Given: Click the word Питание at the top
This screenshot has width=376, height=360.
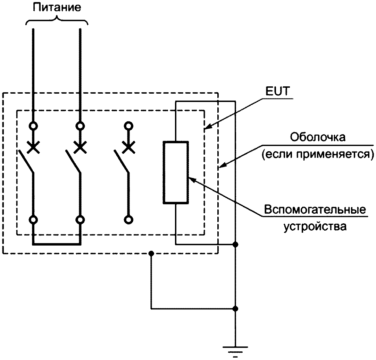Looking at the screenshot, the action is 57,7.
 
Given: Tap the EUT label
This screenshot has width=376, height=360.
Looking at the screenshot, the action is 277,91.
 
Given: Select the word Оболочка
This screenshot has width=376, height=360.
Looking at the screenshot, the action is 318,137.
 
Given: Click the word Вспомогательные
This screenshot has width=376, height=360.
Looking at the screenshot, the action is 315,209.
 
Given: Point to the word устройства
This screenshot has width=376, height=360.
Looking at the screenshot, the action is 315,226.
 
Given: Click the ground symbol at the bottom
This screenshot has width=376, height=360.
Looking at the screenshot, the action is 235,352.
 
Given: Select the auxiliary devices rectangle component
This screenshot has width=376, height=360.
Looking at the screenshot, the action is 176,172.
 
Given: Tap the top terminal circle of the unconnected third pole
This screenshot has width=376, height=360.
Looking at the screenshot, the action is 129,126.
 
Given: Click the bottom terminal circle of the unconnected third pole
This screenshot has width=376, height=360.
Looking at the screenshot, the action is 129,220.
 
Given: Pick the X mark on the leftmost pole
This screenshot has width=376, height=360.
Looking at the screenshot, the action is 33,147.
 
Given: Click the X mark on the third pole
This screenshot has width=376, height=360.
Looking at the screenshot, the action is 129,147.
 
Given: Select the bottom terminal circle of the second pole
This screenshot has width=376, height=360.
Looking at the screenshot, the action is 80,220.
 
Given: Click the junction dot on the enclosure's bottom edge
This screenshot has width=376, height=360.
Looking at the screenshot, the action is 151,254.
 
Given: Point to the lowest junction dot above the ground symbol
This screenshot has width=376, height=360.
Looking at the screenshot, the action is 235,309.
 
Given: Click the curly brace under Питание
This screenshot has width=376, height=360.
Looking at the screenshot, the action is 57,20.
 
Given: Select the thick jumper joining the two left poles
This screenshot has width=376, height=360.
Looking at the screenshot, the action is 57,244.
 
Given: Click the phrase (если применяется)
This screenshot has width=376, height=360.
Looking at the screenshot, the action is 318,154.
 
